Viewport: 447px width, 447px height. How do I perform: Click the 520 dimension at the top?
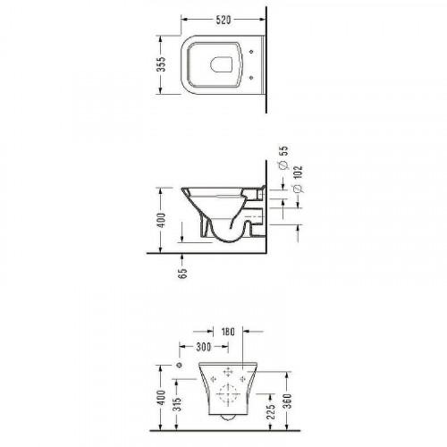pos(223,20)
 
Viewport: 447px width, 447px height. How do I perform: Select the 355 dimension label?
pos(161,64)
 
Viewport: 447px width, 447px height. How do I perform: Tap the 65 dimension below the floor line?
pos(182,274)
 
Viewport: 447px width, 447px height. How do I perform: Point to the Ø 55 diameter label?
pos(284,157)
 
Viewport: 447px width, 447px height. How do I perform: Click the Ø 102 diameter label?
pos(298,180)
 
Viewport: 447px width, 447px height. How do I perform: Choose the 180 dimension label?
pos(228,332)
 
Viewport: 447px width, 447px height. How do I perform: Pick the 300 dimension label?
pos(204,347)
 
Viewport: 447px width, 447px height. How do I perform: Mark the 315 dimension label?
pos(177,404)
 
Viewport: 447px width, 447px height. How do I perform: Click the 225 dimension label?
pos(271,411)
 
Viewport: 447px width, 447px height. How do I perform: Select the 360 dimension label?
pos(287,401)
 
